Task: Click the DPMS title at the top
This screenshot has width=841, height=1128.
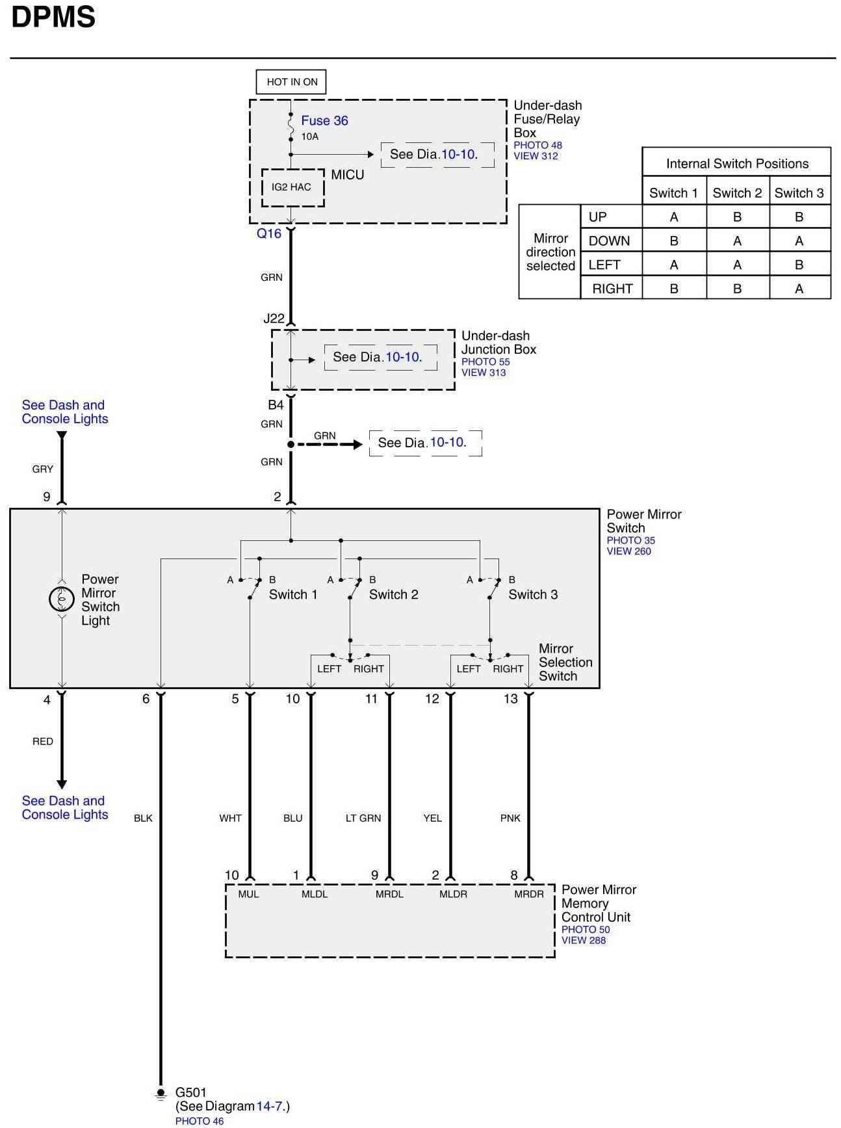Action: (x=53, y=17)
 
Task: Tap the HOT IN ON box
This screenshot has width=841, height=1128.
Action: (x=292, y=82)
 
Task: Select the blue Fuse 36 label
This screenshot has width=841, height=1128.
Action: (x=324, y=120)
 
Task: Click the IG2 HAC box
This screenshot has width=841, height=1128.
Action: (x=292, y=187)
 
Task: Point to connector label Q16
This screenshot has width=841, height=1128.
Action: (x=268, y=233)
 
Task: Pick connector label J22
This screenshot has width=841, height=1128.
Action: (x=274, y=319)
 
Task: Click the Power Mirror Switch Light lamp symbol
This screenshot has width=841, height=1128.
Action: (x=62, y=599)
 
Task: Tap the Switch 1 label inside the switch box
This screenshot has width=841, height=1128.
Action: (x=293, y=594)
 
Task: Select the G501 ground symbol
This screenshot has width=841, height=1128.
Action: (x=161, y=1094)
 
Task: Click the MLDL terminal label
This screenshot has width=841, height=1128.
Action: (x=315, y=894)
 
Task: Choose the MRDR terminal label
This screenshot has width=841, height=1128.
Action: (x=528, y=894)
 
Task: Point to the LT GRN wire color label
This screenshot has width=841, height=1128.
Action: (x=363, y=818)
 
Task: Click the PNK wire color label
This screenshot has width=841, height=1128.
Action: (x=510, y=818)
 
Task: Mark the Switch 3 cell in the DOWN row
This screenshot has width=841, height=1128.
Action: (x=799, y=241)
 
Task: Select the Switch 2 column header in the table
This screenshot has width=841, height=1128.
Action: (x=737, y=193)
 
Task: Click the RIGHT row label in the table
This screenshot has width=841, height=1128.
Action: (x=612, y=289)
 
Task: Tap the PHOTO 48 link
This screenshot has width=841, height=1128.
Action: (x=537, y=146)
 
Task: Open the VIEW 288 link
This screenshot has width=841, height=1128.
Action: (x=583, y=940)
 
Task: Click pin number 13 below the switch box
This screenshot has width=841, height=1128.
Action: (x=511, y=699)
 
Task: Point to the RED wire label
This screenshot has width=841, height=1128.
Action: (x=43, y=741)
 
